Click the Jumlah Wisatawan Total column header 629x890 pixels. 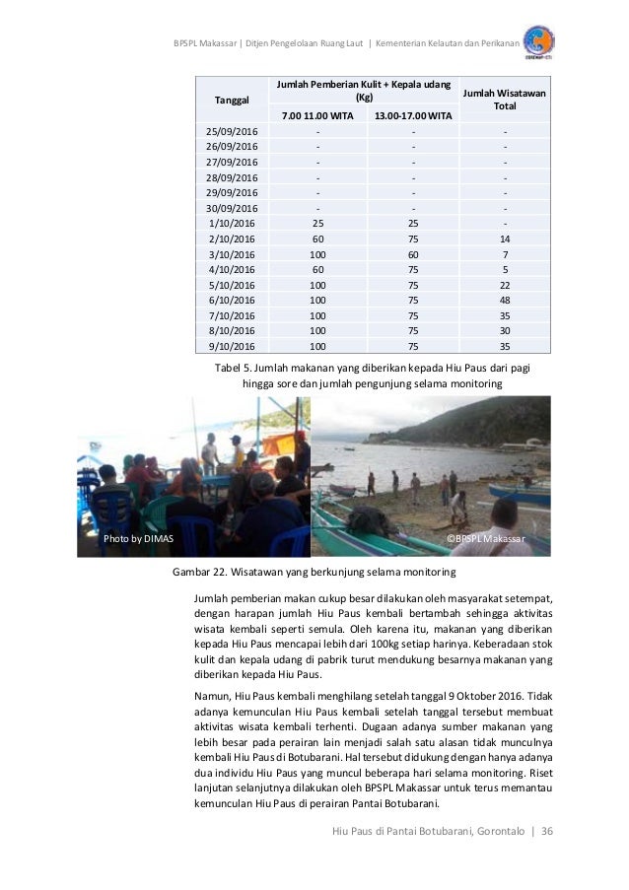pos(505,99)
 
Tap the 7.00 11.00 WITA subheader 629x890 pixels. pos(316,117)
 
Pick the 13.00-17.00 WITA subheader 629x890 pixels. pos(413,117)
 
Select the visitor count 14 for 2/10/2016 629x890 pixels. pos(505,239)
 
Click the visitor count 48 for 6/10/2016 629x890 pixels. pos(505,300)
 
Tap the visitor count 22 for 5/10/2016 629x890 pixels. pos(505,285)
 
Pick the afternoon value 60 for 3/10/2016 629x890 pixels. pos(413,254)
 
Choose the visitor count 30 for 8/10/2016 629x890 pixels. pos(505,330)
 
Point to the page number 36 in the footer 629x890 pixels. pos(547,830)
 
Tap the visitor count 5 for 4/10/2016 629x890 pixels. pos(505,269)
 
